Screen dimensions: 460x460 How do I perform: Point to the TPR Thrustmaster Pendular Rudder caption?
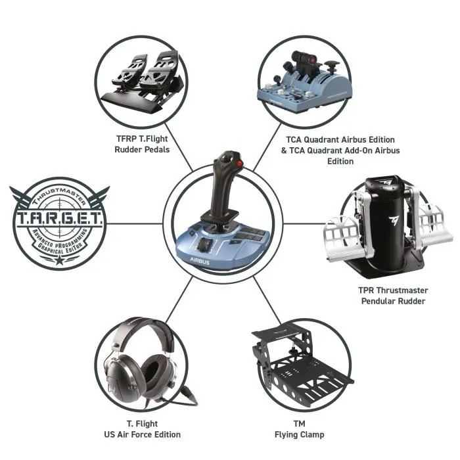click(x=394, y=296)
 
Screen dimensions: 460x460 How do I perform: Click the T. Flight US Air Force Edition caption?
click(x=142, y=428)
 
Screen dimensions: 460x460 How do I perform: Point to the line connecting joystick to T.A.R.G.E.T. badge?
click(x=135, y=223)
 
